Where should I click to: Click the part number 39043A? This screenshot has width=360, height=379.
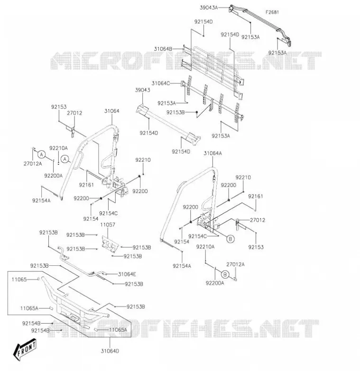coord(209,8)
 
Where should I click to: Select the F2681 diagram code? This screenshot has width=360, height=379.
coord(272,12)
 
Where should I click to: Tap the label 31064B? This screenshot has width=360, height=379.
coord(163,49)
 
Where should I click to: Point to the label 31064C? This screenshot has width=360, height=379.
coord(161,83)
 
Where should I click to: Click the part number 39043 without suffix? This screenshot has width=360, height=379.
coord(142,90)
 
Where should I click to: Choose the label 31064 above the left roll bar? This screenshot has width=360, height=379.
coord(112,111)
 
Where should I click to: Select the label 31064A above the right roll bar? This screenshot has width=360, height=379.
coord(212,153)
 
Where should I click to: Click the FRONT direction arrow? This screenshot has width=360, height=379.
coord(25,349)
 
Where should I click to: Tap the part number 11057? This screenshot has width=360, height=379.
coord(108,225)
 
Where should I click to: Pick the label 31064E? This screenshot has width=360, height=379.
coord(127,274)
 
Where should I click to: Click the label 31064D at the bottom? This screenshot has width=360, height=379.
coord(110,351)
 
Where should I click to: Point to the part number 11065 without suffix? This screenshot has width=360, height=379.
coord(19,280)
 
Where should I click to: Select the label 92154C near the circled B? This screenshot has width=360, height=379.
coord(197,236)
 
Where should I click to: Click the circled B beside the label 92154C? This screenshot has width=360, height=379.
coord(231,239)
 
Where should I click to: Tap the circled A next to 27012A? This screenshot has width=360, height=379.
coord(42,154)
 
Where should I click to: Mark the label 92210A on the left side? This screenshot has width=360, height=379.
coord(58,148)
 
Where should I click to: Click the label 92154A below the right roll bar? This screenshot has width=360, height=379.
coord(182,266)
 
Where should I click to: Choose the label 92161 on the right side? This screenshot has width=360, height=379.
coord(256,196)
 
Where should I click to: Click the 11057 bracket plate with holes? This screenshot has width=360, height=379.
coord(111,244)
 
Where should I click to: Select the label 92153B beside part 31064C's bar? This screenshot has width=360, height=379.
coord(175,112)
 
